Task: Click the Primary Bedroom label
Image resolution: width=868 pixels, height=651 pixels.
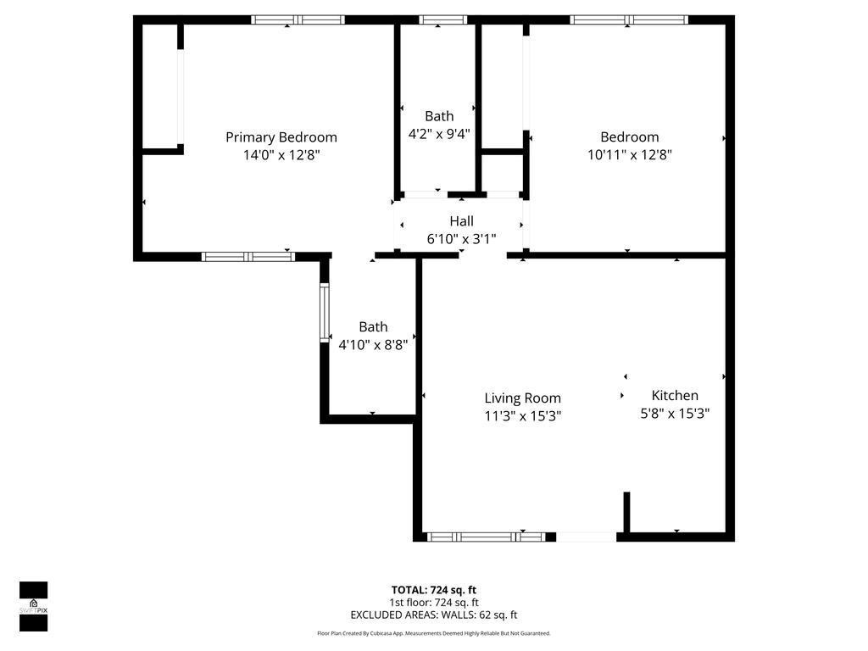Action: (281, 137)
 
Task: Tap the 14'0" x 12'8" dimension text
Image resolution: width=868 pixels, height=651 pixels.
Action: (281, 155)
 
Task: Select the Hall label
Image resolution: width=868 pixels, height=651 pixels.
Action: (461, 221)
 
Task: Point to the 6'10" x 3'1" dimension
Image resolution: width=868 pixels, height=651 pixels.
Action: (461, 239)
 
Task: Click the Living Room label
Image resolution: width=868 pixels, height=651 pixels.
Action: (522, 398)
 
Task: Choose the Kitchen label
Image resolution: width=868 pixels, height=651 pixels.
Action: (675, 395)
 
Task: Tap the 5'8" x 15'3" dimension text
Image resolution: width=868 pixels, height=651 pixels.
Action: (675, 414)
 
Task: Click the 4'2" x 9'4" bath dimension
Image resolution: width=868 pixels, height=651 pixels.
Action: (439, 133)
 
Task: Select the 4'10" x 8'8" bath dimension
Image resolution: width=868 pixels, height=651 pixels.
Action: (373, 345)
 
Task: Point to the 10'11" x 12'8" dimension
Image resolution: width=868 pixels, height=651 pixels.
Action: (629, 155)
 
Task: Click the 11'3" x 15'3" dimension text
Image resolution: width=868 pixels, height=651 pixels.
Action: (522, 416)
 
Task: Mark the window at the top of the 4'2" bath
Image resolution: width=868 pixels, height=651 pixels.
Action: (443, 19)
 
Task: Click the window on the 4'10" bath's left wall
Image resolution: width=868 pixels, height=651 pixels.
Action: (324, 313)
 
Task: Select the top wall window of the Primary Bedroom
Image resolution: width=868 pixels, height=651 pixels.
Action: (298, 19)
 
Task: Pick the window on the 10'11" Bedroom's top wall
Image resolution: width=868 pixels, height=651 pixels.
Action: (628, 19)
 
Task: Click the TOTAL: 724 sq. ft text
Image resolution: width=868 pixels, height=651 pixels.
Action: (434, 590)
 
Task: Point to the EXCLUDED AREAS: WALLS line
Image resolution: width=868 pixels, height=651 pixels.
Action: (434, 615)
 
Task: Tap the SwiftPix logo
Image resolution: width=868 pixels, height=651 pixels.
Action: (33, 606)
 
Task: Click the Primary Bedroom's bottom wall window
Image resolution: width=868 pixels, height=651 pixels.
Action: (248, 256)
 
